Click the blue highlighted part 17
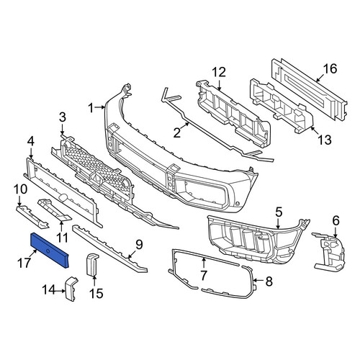click(50, 250)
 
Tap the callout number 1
click(91, 108)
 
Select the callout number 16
click(330, 68)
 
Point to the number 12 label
click(219, 72)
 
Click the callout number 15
click(96, 293)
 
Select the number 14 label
click(50, 289)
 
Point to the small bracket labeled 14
click(71, 289)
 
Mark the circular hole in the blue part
click(48, 251)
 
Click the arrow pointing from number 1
click(99, 108)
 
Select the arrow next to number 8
click(258, 280)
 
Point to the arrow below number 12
click(219, 84)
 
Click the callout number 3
click(62, 117)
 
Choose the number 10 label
click(20, 189)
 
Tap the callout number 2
click(177, 132)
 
